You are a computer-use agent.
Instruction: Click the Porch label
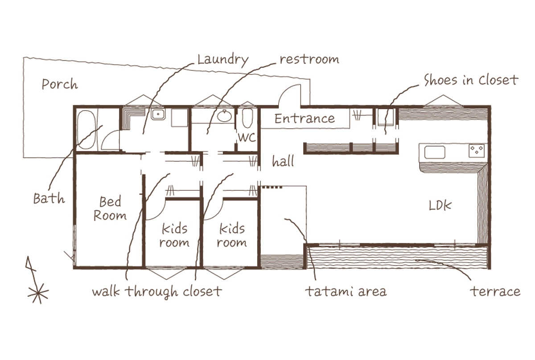tap(60, 84)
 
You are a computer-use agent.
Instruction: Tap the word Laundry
tap(223, 60)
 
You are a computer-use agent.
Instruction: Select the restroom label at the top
tap(309, 59)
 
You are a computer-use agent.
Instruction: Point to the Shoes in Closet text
tap(471, 80)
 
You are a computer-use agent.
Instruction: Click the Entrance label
tap(305, 119)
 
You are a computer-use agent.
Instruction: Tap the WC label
tap(247, 138)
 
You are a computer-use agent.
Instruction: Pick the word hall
tap(283, 161)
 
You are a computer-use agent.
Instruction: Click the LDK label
tap(440, 205)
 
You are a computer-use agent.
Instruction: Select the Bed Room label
tap(110, 209)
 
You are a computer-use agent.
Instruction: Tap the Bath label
tap(49, 198)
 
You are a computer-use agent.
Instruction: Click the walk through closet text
tap(157, 291)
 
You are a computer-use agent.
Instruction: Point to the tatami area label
tap(346, 291)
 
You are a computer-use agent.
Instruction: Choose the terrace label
tap(495, 292)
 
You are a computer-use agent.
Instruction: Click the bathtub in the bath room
tap(86, 130)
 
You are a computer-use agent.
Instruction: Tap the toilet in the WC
tap(247, 119)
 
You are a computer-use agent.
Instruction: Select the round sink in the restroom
tap(224, 116)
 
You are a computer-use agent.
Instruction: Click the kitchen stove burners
tap(477, 151)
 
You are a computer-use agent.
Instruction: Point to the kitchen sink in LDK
tap(435, 152)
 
